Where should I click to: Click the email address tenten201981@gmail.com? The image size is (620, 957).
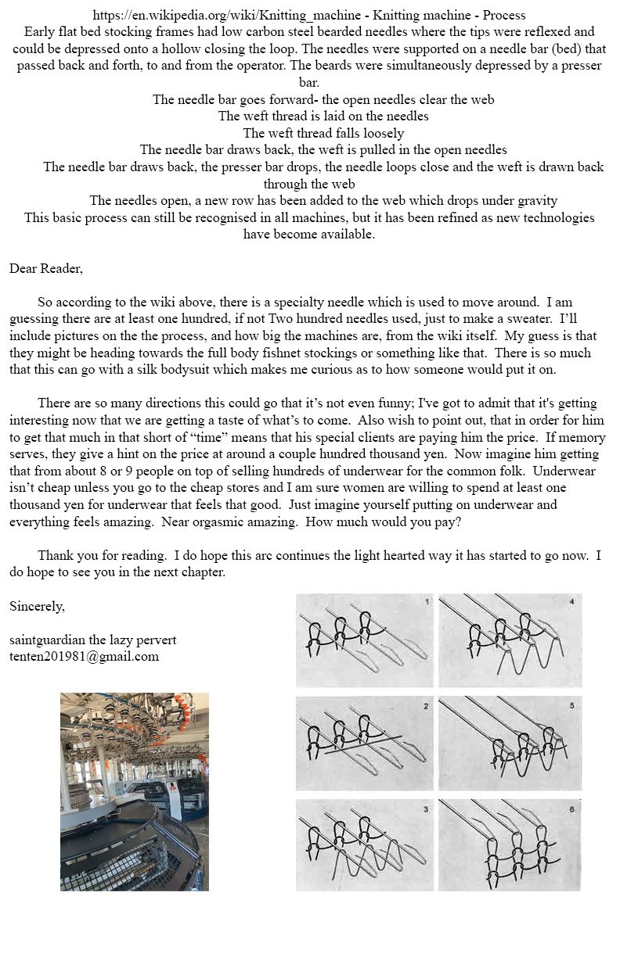pyautogui.click(x=84, y=657)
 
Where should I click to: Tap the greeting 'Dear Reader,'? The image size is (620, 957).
pyautogui.click(x=45, y=268)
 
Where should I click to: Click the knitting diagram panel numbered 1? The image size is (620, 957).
pyautogui.click(x=364, y=640)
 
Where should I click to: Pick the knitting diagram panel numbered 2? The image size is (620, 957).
pyautogui.click(x=364, y=743)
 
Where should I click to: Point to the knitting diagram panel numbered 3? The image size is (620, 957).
pyautogui.click(x=364, y=844)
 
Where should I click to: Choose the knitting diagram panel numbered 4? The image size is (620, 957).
pyautogui.click(x=510, y=640)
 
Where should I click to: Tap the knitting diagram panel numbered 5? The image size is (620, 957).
pyautogui.click(x=510, y=743)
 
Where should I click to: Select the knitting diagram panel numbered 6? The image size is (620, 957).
pyautogui.click(x=510, y=844)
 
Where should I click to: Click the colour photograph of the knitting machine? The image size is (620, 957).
pyautogui.click(x=135, y=791)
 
